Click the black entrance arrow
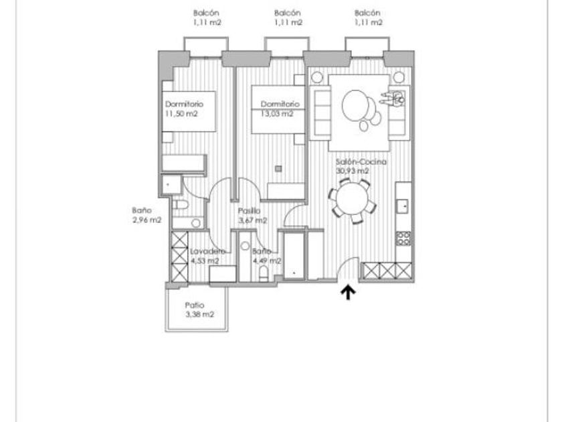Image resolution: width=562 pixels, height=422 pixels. point(348,293)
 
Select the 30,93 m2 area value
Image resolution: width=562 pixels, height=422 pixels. point(352,171)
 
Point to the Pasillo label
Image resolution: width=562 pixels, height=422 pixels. point(249,210)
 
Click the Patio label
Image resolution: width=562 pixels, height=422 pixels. point(194,305)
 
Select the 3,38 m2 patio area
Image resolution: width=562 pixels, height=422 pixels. point(200,314)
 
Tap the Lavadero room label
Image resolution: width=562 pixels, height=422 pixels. point(205,252)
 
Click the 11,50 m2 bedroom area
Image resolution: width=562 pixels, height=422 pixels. point(182,114)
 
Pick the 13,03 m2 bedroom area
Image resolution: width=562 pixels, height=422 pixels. point(277,114)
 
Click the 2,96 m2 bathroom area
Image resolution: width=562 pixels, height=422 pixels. point(146,220)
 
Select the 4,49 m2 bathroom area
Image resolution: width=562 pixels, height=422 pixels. point(267,261)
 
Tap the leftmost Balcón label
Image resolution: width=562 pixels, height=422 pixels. point(206,13)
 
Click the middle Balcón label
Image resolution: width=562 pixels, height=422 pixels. point(288,13)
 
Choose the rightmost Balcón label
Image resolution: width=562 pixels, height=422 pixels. point(368,13)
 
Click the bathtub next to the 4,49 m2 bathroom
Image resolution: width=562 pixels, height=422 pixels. point(294,255)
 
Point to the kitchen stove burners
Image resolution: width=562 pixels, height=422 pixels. point(403,237)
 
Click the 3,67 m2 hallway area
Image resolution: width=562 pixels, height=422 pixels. point(253,220)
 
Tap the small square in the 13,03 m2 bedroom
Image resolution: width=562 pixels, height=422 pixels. point(279,168)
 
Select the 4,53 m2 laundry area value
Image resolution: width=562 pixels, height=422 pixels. point(205,261)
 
